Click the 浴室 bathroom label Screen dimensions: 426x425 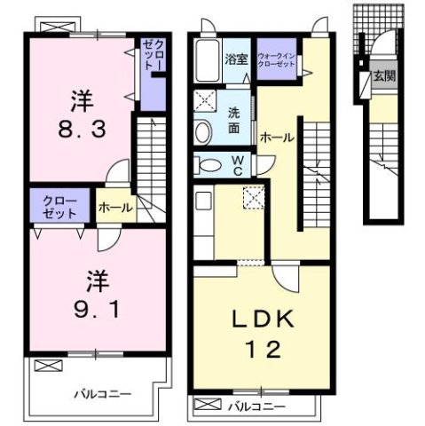(x=235, y=60)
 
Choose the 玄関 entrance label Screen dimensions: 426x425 (x=383, y=76)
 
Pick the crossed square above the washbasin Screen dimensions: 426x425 (x=203, y=100)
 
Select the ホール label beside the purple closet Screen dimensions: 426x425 (x=114, y=208)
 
